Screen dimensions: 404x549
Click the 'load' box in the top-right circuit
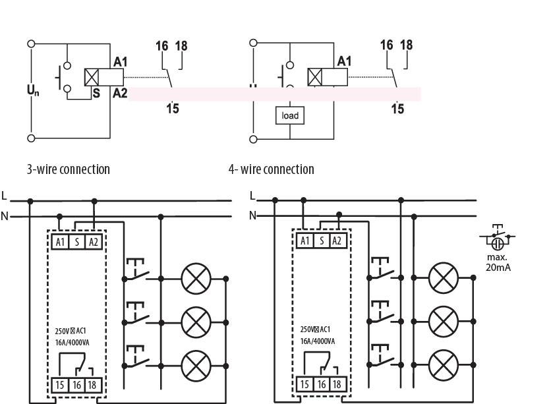click(x=290, y=115)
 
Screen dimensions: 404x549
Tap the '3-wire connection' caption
click(x=68, y=169)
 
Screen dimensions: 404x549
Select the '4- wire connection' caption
click(x=271, y=169)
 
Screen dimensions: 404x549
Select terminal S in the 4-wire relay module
click(x=321, y=241)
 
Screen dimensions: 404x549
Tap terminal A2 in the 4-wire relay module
click(x=336, y=241)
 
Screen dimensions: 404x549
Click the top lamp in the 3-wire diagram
click(x=194, y=279)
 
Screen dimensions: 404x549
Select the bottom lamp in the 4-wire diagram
click(x=442, y=363)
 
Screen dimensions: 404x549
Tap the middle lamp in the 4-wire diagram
click(x=442, y=321)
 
